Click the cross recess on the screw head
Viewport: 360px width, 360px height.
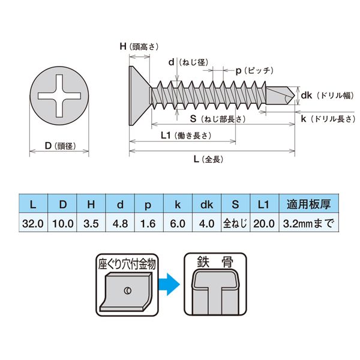[59, 95]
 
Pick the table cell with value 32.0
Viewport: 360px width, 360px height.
[33, 223]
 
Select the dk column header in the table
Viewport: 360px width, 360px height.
[206, 205]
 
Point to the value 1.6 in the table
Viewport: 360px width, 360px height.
[148, 223]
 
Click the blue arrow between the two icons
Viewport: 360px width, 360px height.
[170, 280]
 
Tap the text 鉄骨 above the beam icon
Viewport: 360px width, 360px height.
[215, 262]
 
